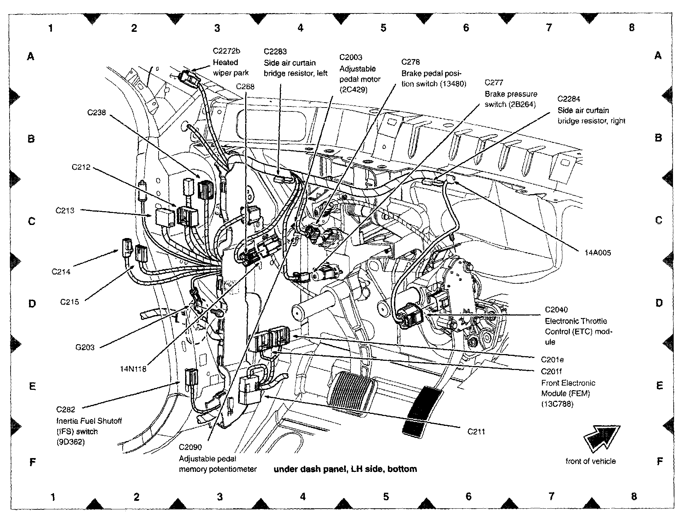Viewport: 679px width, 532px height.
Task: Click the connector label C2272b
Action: [x=226, y=51]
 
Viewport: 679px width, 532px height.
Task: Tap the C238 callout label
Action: [x=96, y=112]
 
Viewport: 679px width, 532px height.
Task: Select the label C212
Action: [x=81, y=167]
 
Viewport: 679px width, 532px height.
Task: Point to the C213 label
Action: [x=65, y=210]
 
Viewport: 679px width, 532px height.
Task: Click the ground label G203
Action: [x=85, y=347]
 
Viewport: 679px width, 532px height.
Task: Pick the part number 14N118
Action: [x=133, y=369]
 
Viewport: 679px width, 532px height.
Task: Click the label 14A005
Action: [x=597, y=253]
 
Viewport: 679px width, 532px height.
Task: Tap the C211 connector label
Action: [x=476, y=432]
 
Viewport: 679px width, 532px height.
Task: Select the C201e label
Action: [x=552, y=360]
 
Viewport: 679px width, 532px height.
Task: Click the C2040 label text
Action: [x=556, y=310]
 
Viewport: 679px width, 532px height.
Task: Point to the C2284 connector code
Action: [x=569, y=99]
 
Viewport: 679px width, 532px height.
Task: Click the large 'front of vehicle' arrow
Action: [x=601, y=438]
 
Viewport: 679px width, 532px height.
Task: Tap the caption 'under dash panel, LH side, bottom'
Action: [x=345, y=469]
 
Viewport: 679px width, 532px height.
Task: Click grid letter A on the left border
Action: [x=31, y=56]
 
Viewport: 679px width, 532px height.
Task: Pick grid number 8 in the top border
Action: [x=632, y=28]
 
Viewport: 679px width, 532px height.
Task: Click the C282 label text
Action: [x=66, y=410]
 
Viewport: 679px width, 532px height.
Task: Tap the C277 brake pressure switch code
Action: [x=494, y=83]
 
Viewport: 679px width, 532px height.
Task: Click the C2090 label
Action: [x=190, y=447]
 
